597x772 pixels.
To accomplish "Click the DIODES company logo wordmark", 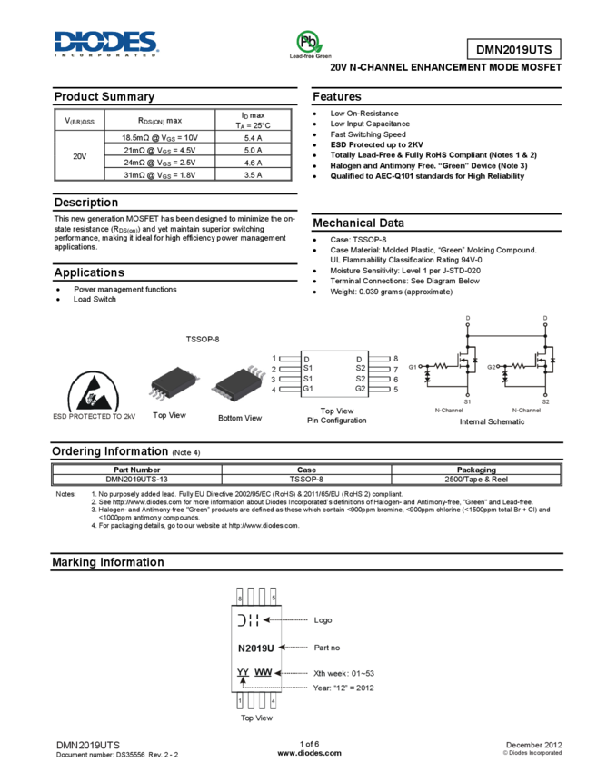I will (x=106, y=41).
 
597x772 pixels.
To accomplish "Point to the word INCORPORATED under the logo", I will (x=106, y=55).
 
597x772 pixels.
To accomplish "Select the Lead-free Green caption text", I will (x=310, y=56).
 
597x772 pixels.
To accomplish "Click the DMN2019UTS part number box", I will (x=513, y=50).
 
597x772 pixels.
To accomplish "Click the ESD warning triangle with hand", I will (x=95, y=390).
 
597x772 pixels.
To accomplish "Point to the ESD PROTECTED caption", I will (x=95, y=416).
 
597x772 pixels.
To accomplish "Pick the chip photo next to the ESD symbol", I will (x=174, y=383).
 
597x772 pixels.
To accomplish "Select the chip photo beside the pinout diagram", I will (x=238, y=383).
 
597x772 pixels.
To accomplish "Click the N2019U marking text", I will (x=255, y=648).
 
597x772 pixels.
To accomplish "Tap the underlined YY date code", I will (x=243, y=672).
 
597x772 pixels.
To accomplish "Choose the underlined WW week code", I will (x=264, y=672).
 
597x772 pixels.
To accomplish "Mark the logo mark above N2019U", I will (x=248, y=620).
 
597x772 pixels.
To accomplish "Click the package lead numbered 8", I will (x=240, y=598).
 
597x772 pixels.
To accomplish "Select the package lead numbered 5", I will (x=274, y=598).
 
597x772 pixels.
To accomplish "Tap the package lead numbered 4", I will (x=274, y=701).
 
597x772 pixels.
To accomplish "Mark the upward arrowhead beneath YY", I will (x=243, y=681).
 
